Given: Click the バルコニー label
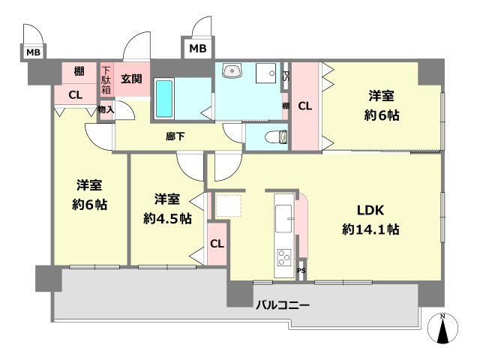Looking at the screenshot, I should click(283, 305).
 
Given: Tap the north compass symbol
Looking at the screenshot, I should click(442, 328).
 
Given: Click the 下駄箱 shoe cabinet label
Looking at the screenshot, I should click(106, 79).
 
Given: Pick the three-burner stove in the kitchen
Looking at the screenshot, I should click(285, 257).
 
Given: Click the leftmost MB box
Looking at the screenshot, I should click(34, 52).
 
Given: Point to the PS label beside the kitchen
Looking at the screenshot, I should click(301, 271).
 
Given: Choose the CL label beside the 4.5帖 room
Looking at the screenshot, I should click(217, 244).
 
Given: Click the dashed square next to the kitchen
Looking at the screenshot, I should click(228, 205).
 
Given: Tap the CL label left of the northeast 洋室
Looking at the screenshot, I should click(304, 106).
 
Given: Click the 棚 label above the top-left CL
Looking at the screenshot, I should click(79, 72).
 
